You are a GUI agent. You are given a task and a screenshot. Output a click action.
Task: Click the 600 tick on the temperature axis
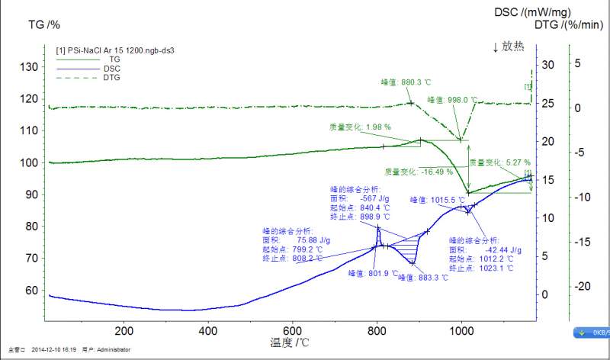(x=293, y=331)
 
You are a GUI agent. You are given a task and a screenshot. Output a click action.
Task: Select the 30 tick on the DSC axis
(x=547, y=65)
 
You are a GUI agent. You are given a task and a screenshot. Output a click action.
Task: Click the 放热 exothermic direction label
(x=509, y=46)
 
